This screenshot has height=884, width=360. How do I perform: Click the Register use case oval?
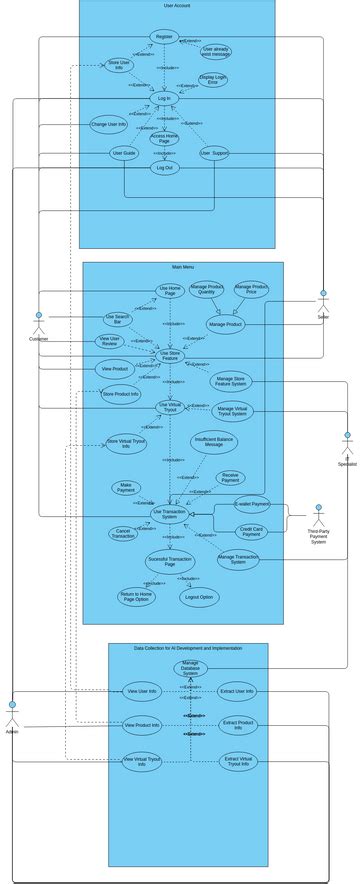point(164,36)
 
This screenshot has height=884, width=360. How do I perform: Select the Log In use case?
point(164,98)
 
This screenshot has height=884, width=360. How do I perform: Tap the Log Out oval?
point(164,168)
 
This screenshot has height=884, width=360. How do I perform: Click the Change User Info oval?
point(108,125)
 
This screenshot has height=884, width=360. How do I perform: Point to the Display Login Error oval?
point(213,80)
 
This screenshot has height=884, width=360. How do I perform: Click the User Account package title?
point(177,6)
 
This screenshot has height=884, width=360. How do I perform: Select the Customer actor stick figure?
point(39,323)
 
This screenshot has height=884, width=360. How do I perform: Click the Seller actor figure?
point(323,301)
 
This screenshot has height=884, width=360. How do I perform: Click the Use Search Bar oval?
point(117,320)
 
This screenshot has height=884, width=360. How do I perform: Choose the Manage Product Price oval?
point(251,290)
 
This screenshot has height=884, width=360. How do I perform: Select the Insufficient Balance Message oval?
point(214,442)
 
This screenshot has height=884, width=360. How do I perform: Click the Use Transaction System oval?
point(169,513)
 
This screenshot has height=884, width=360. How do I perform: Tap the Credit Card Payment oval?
point(251,531)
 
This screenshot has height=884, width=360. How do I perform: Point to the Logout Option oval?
point(199,597)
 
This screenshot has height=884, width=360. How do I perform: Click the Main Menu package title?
point(183,267)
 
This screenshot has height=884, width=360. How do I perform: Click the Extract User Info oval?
point(237,691)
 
